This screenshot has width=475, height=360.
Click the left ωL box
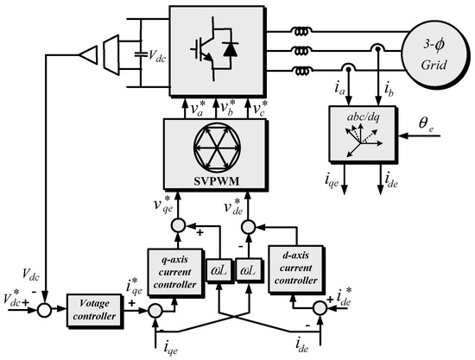pyautogui.click(x=217, y=268)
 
